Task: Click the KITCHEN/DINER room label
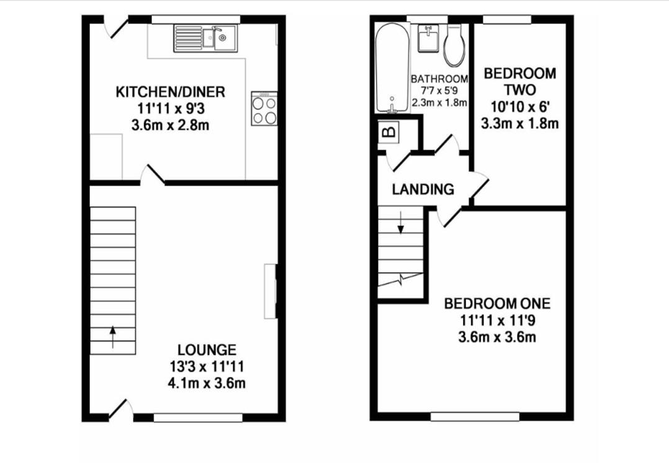click(170, 92)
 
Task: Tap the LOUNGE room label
click(207, 349)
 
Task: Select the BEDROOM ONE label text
click(497, 303)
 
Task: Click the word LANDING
click(423, 189)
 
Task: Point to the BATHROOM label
click(439, 79)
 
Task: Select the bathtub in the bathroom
click(392, 67)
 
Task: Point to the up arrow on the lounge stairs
click(112, 337)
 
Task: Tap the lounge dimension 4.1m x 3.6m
click(207, 383)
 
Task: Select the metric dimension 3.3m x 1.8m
click(520, 124)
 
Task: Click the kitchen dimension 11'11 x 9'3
click(170, 109)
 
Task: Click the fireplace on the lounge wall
click(271, 291)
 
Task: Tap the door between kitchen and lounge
click(154, 176)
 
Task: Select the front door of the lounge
click(120, 409)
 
